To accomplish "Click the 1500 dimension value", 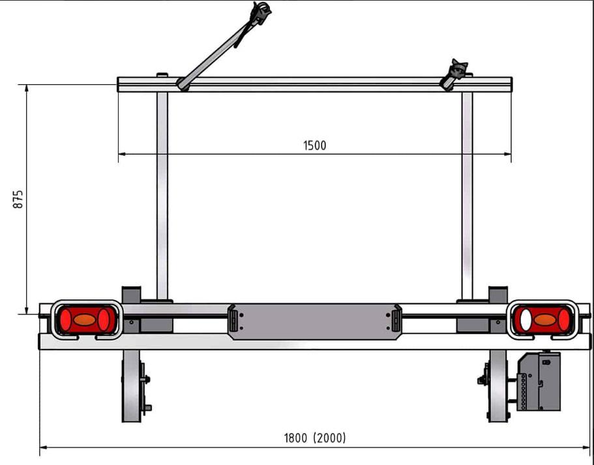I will coord(314,145).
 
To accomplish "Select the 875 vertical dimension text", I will coord(18,199).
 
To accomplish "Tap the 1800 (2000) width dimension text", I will coord(315,438).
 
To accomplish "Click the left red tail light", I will coord(86,320).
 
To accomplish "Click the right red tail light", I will coord(542,320).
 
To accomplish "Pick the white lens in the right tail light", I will coord(526,320).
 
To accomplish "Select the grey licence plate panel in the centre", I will coord(314,321).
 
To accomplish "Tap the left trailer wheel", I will coord(132,386).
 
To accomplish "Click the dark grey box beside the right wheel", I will coord(539,382).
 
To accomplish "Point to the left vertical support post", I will coord(162,196).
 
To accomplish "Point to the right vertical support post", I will coord(468,196).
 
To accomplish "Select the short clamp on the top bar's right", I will coord(453,74).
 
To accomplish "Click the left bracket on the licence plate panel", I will coord(233,320).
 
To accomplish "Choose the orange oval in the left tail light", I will coord(85,320).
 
